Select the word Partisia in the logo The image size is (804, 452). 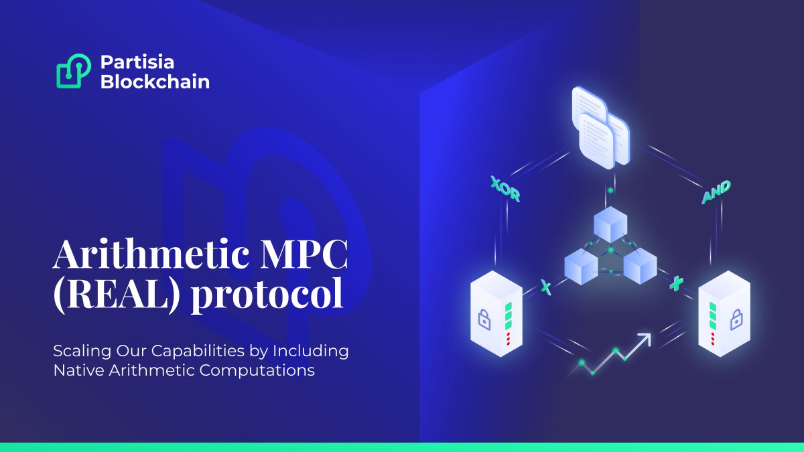click(x=137, y=62)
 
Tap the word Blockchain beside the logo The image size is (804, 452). click(x=155, y=82)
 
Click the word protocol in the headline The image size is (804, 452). click(x=268, y=296)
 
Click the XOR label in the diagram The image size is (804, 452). click(x=505, y=188)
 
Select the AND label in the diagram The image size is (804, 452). click(x=716, y=192)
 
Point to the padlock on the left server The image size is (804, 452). click(x=484, y=318)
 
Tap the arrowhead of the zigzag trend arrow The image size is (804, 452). click(x=645, y=337)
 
